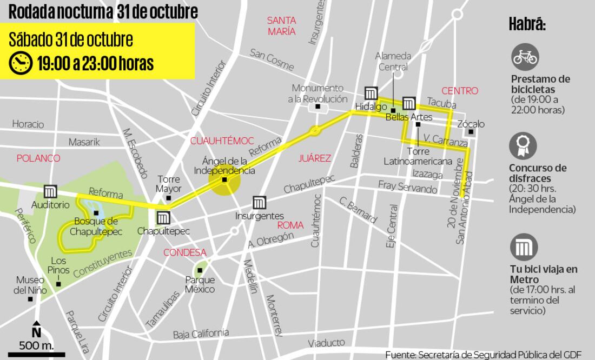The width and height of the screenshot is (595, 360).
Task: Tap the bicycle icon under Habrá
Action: point(525,57)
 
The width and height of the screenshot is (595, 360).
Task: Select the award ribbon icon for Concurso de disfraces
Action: point(524,145)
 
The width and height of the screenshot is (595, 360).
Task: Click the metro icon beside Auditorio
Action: point(51,192)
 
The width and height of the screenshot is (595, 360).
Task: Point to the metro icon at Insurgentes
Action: point(260,203)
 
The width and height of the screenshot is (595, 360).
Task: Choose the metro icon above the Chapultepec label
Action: point(163,218)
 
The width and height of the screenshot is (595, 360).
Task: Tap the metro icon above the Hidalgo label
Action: point(371,93)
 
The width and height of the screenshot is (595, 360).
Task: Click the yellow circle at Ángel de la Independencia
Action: point(224,180)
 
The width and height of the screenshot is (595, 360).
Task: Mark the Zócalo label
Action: point(471,124)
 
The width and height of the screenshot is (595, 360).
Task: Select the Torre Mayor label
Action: point(168,184)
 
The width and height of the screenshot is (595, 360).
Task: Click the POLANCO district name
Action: point(38,158)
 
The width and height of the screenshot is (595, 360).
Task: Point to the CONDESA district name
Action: point(184,252)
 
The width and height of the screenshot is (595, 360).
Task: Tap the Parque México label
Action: point(200,284)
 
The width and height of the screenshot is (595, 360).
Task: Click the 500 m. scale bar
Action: point(36,355)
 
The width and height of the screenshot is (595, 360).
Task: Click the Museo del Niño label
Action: point(30,285)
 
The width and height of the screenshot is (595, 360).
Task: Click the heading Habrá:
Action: point(527,24)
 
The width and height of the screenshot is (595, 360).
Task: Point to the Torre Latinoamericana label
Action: point(418,156)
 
